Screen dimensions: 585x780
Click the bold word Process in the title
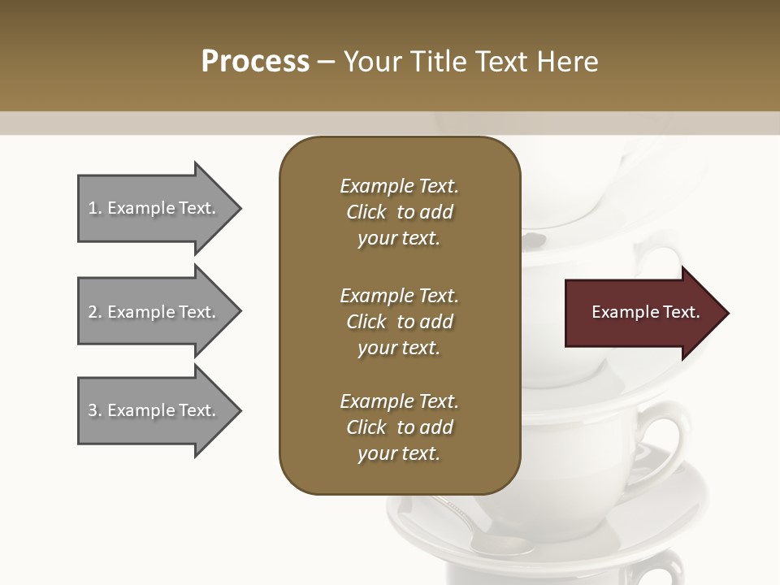255,62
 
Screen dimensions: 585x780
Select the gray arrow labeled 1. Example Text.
154,208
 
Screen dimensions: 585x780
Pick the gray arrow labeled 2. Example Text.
154,312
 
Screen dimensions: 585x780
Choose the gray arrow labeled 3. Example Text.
154,410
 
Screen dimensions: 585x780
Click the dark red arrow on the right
642,313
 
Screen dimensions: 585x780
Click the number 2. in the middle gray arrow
95,312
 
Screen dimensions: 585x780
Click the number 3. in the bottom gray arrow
95,410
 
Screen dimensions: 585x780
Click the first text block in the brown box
399,212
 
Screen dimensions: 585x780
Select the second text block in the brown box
399,322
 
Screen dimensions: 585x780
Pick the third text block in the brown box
399,427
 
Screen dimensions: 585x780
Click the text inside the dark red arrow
646,312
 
